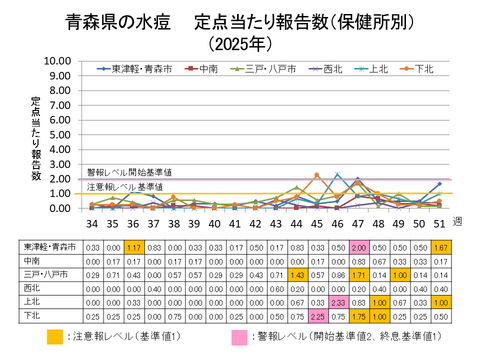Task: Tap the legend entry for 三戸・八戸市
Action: pos(259,69)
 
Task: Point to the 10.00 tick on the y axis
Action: pos(57,61)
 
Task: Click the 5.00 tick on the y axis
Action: pos(57,134)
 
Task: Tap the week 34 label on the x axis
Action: pos(93,225)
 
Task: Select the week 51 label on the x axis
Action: pos(439,225)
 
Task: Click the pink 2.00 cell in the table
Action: pos(359,247)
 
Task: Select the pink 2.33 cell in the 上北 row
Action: pos(337,300)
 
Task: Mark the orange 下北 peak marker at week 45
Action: pos(317,175)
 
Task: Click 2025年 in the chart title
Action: pos(240,43)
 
